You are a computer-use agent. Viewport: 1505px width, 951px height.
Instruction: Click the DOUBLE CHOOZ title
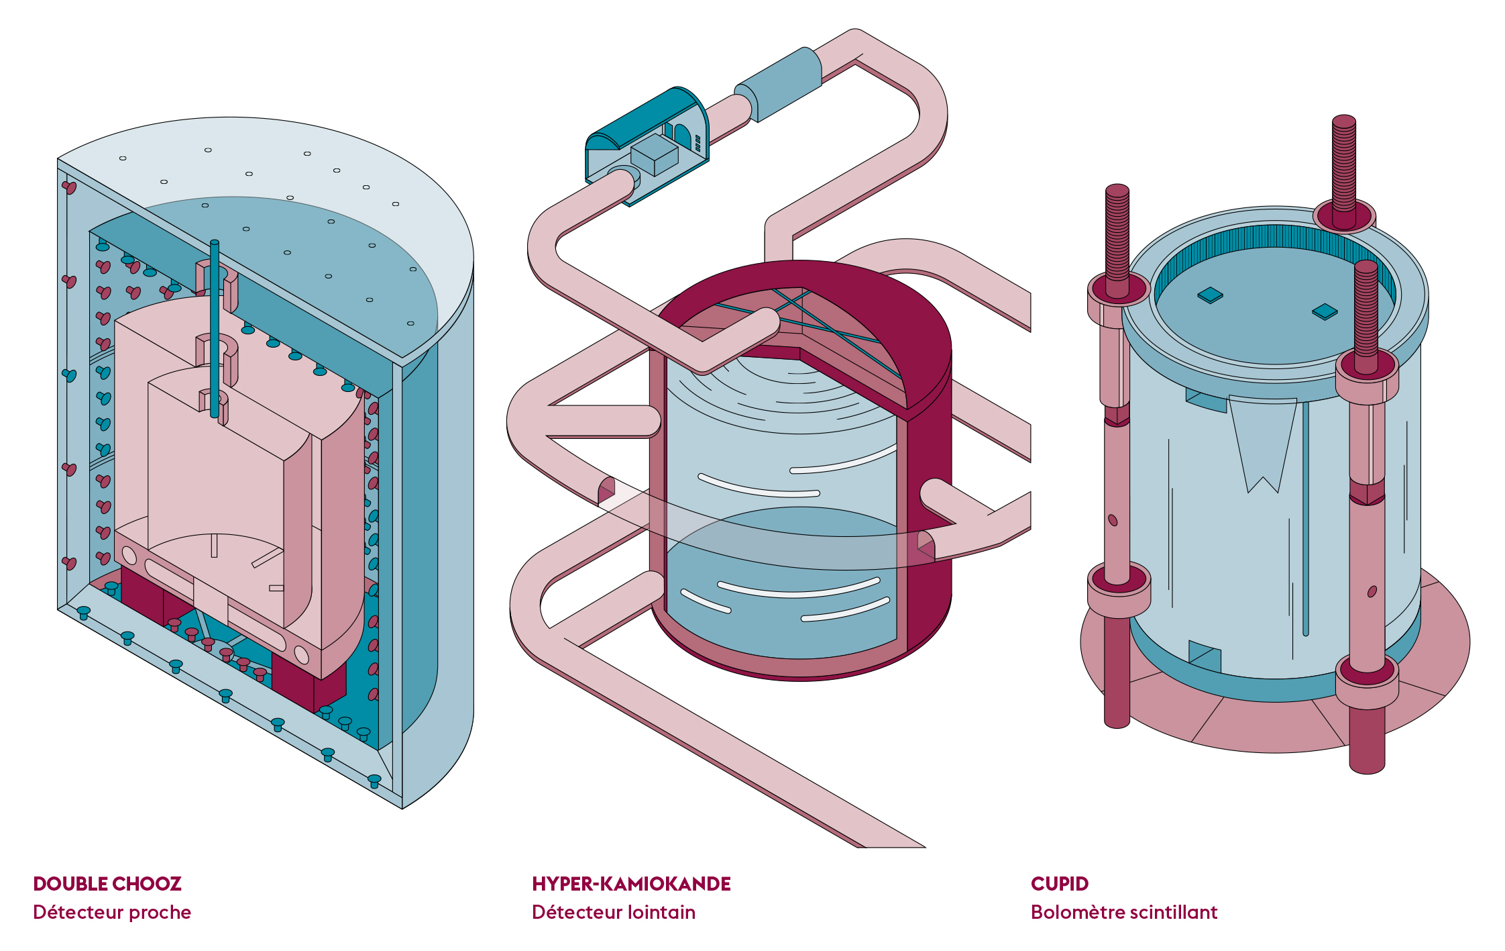click(x=107, y=883)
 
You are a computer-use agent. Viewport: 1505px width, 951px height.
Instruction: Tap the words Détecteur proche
click(x=112, y=913)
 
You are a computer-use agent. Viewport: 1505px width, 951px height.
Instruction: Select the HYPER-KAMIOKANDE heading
click(x=631, y=883)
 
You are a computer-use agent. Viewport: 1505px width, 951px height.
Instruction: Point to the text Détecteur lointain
click(x=614, y=913)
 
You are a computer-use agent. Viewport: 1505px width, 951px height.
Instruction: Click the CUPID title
click(x=1060, y=883)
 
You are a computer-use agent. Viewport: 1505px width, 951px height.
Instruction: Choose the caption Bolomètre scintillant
click(x=1124, y=913)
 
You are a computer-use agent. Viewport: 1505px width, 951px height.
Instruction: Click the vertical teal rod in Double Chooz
click(x=215, y=329)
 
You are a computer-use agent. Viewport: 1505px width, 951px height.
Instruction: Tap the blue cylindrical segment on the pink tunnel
click(x=778, y=84)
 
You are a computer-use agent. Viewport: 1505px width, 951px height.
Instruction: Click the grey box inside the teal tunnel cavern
click(x=655, y=154)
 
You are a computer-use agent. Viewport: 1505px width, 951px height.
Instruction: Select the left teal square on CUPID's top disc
click(x=1210, y=295)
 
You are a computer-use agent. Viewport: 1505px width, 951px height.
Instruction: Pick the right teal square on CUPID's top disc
click(x=1325, y=312)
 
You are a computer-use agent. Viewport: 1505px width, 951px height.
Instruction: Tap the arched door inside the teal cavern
click(x=682, y=137)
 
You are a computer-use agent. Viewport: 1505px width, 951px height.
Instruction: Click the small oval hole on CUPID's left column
click(x=1113, y=520)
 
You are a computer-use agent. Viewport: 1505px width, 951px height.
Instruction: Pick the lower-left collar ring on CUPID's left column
click(x=1119, y=589)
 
